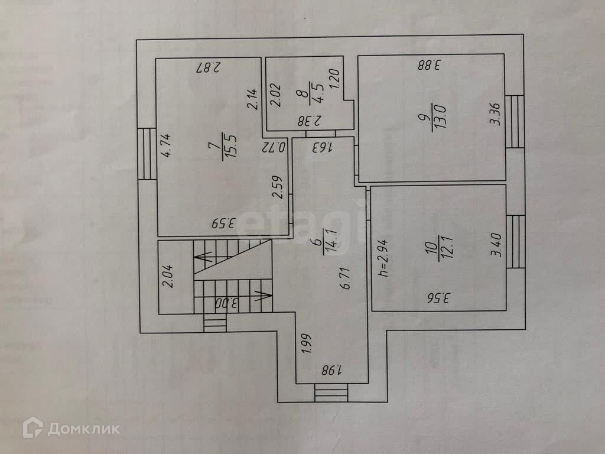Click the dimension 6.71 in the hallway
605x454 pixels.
pyautogui.click(x=347, y=278)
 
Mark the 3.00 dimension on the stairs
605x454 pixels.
pyautogui.click(x=227, y=304)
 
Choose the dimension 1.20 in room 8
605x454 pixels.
pyautogui.click(x=334, y=79)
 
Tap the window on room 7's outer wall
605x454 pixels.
pyautogui.click(x=146, y=154)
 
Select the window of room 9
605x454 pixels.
pyautogui.click(x=515, y=121)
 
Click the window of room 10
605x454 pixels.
pyautogui.click(x=515, y=241)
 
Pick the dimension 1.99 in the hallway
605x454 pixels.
pyautogui.click(x=306, y=344)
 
